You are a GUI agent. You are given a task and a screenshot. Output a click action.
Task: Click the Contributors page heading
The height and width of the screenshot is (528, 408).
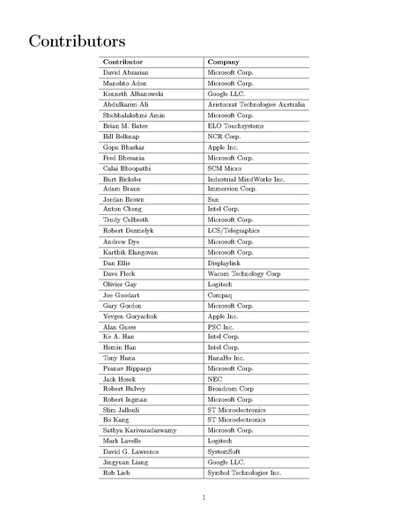(x=76, y=41)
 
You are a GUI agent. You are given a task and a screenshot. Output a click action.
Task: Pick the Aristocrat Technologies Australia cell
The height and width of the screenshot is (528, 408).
(x=256, y=104)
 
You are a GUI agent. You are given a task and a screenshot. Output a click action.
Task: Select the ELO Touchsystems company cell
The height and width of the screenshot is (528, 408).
(x=233, y=126)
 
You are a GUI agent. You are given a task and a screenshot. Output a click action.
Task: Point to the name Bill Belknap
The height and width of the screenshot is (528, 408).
(x=121, y=137)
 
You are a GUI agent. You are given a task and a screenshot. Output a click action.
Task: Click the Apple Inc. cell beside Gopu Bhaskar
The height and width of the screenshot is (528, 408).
(x=223, y=147)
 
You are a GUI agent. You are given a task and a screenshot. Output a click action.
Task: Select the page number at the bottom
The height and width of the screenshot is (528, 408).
(x=204, y=496)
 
